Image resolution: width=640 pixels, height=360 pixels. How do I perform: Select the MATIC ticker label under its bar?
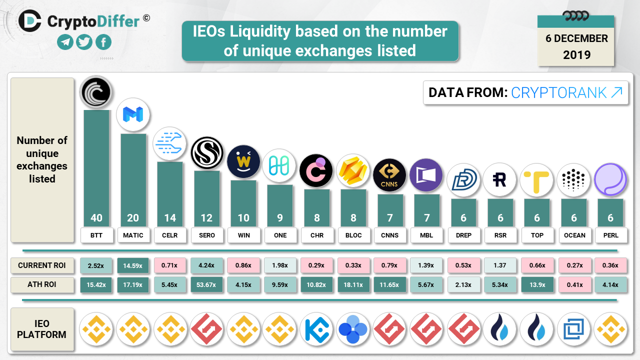[x=133, y=235]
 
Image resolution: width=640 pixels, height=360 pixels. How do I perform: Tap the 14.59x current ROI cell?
[x=133, y=265]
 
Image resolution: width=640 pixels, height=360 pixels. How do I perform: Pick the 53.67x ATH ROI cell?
[x=206, y=284]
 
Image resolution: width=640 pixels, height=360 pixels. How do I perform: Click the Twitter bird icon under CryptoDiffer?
[x=84, y=42]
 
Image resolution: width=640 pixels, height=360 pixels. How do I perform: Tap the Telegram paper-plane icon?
[x=65, y=42]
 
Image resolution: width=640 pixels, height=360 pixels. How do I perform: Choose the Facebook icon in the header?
[x=103, y=42]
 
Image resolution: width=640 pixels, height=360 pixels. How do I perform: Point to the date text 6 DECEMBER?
[x=576, y=39]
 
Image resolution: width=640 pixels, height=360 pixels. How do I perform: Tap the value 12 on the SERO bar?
[x=206, y=218]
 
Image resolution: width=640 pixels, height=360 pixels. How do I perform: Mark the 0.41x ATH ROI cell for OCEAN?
[x=574, y=284]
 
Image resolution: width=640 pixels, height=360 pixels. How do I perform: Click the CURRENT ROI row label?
[x=42, y=265]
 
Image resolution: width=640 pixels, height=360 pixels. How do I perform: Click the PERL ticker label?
[x=610, y=235]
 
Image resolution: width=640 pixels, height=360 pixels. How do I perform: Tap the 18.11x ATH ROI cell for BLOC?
[x=353, y=284]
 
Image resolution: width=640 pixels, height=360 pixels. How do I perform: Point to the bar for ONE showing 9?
[x=280, y=205]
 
